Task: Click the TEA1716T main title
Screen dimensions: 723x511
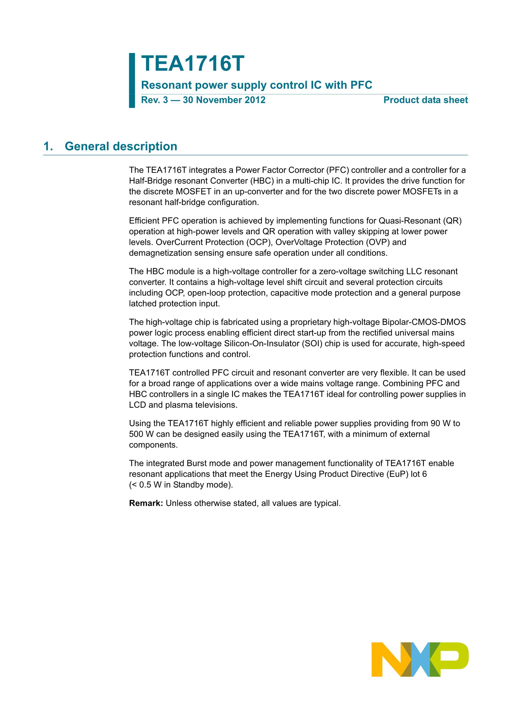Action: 192,64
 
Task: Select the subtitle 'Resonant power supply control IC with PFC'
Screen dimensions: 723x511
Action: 256,85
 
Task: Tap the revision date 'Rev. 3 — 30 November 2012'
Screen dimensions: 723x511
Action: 203,100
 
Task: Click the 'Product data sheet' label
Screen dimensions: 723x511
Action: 425,100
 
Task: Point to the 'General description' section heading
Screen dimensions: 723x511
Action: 121,147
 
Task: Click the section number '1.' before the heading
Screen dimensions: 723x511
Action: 48,147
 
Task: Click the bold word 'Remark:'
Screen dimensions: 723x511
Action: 146,503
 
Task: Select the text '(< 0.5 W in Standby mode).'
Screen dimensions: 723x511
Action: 181,485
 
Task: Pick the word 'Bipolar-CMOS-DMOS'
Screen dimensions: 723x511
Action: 424,322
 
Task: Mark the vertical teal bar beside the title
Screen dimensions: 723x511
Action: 132,81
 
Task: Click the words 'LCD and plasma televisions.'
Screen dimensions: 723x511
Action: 183,405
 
